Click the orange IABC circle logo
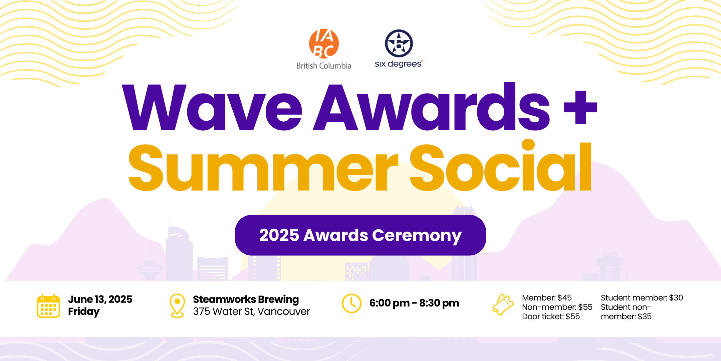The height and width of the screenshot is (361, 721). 324,44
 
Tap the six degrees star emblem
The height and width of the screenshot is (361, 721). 399,43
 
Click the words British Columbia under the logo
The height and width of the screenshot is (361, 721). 324,66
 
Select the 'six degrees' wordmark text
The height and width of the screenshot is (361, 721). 399,64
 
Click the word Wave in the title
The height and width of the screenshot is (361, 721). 212,107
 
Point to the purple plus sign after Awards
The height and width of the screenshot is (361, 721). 580,107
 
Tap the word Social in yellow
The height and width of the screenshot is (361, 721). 501,165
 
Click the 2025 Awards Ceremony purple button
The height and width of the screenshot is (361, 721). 360,235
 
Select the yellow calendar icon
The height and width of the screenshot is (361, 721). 48,306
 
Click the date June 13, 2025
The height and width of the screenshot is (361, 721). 100,299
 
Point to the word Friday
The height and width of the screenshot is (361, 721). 84,312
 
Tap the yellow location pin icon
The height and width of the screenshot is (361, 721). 177,306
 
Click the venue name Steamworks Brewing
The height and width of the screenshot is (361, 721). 246,299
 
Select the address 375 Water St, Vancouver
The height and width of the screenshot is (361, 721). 251,312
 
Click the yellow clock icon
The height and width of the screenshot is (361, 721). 351,304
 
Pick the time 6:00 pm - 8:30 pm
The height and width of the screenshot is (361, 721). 414,303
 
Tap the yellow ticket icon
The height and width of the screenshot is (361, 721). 503,305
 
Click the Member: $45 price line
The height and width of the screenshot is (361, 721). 547,297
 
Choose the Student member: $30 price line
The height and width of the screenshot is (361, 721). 642,297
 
